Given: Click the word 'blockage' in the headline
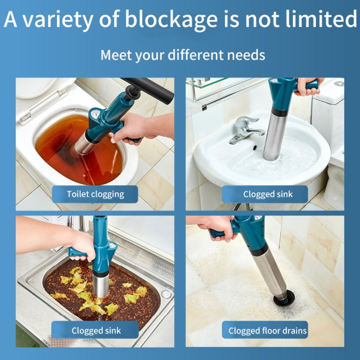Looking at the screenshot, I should pyautogui.click(x=170, y=21).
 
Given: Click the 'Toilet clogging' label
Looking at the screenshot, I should pyautogui.click(x=95, y=194).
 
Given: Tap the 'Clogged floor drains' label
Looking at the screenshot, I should pyautogui.click(x=267, y=331).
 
